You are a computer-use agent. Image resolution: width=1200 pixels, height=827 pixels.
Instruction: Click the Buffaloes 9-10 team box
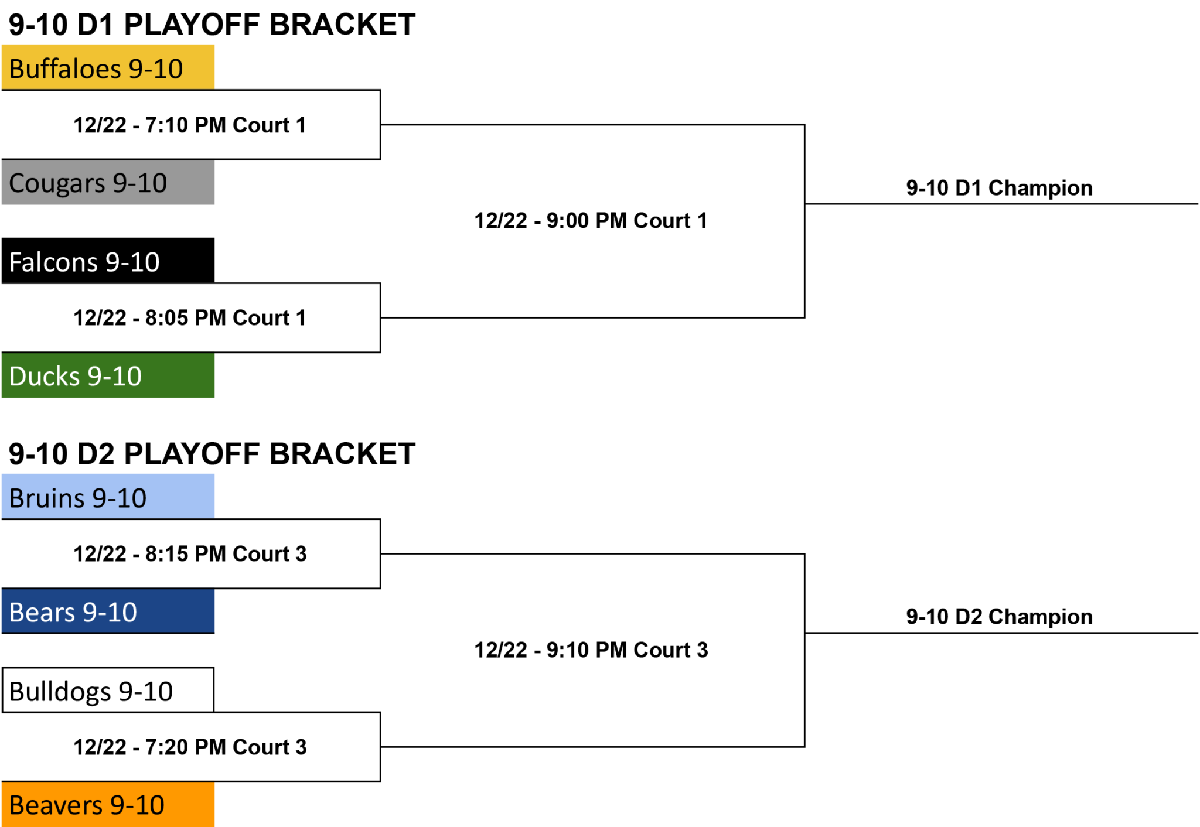[x=108, y=67]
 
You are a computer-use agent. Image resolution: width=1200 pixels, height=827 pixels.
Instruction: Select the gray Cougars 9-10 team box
[x=108, y=182]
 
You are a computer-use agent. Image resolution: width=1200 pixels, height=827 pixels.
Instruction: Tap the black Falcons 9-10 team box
[x=108, y=261]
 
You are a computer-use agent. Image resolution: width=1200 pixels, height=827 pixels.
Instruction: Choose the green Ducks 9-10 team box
[x=108, y=375]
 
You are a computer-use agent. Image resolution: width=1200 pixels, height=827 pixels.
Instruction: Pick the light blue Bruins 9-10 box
[x=108, y=497]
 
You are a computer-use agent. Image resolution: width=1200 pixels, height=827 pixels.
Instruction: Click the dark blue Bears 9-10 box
[x=108, y=611]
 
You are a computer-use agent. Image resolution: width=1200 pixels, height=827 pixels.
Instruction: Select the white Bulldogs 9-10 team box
[x=108, y=690]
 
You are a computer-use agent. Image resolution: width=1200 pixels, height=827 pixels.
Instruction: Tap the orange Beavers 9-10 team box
[x=108, y=805]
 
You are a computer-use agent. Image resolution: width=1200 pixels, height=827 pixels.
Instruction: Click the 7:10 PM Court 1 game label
[x=190, y=125]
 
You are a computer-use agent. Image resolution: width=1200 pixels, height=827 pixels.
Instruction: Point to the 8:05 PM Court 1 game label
[x=190, y=317]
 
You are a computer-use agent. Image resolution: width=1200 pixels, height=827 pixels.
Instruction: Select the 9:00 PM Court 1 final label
[x=591, y=221]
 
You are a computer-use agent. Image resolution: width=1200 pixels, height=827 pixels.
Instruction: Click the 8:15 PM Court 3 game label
[x=190, y=553]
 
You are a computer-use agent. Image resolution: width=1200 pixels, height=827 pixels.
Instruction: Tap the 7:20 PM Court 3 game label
[x=190, y=747]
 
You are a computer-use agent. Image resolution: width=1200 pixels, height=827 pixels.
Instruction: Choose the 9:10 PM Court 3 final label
[x=591, y=650]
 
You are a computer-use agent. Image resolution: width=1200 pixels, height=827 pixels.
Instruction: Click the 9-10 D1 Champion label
[x=999, y=188]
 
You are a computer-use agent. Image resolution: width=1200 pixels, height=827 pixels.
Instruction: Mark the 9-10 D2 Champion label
[x=999, y=617]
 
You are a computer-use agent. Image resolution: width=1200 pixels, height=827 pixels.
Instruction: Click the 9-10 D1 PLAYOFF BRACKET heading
[x=212, y=25]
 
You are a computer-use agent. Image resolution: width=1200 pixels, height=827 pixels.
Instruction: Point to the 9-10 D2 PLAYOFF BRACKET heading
[x=212, y=454]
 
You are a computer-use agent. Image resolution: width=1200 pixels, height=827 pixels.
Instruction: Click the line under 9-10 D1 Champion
[x=1001, y=204]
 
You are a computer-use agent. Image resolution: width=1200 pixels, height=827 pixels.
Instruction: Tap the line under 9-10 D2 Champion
[x=1001, y=633]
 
